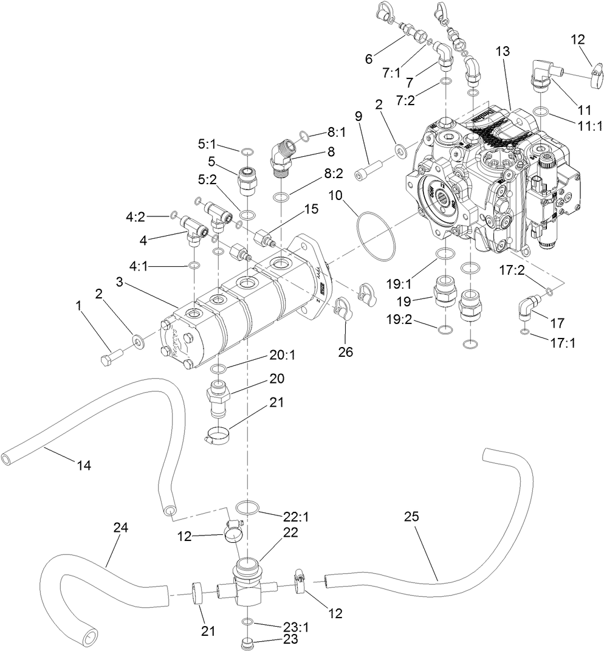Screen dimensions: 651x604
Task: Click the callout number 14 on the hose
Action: (83, 466)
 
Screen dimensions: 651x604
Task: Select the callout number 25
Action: (411, 517)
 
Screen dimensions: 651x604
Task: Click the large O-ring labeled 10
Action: (376, 233)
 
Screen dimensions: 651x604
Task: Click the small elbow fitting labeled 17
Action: (526, 306)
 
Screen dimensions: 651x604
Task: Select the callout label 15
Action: (311, 208)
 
